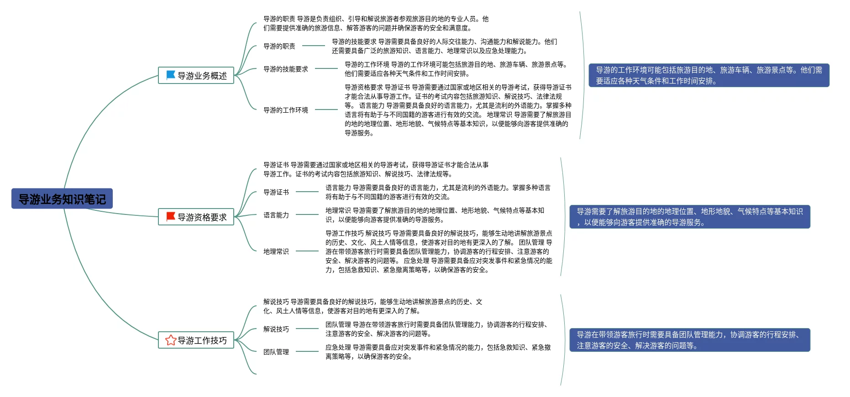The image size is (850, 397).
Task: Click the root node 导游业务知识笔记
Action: (x=62, y=199)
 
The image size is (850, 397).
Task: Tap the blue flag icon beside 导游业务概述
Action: (x=171, y=75)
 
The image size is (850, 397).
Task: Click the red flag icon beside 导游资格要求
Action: (x=171, y=216)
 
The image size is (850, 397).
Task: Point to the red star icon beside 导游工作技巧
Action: (x=171, y=340)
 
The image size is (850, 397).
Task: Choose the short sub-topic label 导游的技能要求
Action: (x=285, y=69)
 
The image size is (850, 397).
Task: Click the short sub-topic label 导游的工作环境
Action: (x=285, y=110)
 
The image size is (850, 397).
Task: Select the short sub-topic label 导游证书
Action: (x=276, y=192)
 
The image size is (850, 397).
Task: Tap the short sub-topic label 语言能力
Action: (x=276, y=215)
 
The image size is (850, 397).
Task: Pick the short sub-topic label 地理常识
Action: (x=276, y=251)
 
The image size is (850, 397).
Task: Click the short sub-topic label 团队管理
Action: (x=276, y=352)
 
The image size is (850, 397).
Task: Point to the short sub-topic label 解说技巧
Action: (x=276, y=329)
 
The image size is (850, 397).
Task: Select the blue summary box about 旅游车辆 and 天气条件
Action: (x=708, y=75)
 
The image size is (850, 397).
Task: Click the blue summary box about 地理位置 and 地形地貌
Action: (x=689, y=217)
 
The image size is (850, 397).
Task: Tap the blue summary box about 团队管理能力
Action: (x=689, y=340)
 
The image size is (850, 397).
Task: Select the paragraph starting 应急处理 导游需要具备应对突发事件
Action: (x=438, y=352)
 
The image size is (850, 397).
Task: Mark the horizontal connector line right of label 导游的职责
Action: (x=314, y=46)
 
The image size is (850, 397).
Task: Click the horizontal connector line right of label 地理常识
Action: (x=307, y=251)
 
